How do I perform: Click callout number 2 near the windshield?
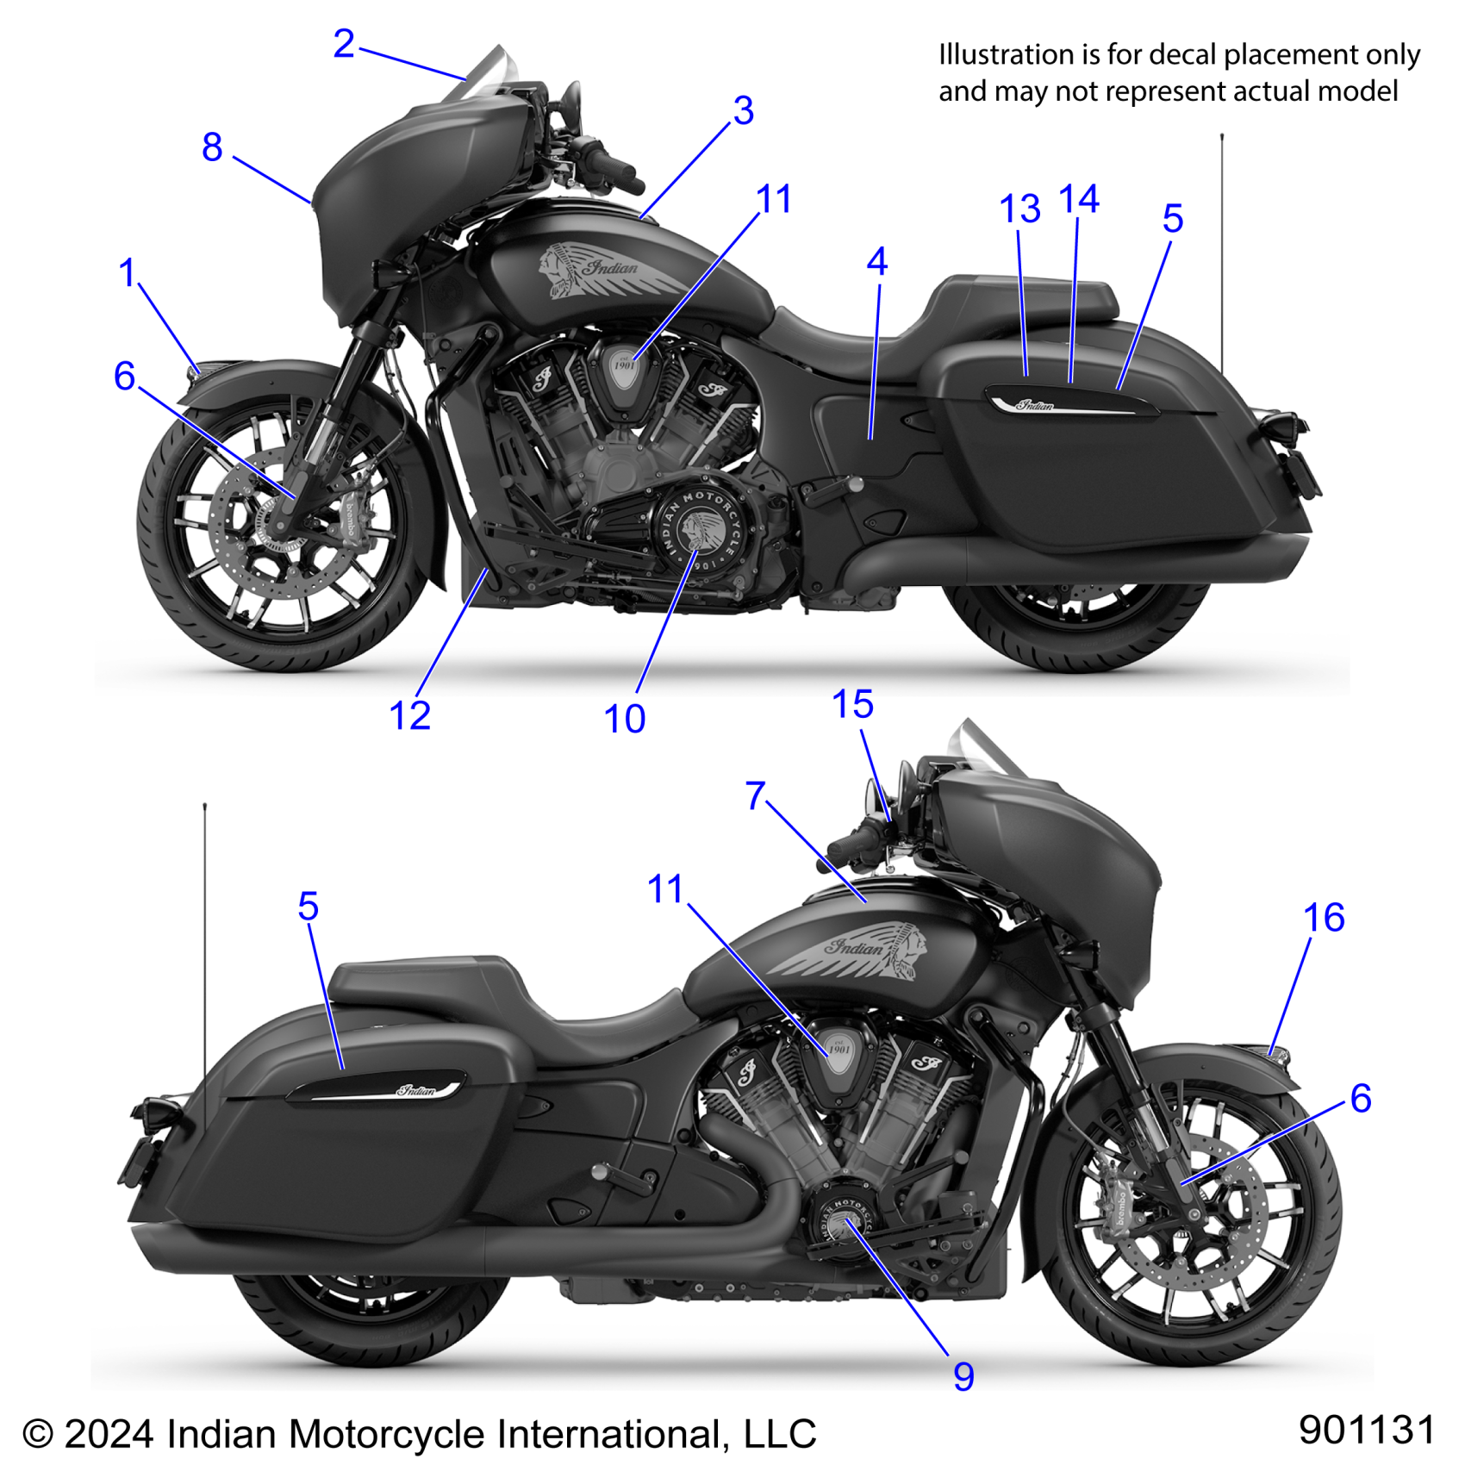point(343,43)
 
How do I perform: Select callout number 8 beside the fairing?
point(212,146)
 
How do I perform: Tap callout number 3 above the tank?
point(743,110)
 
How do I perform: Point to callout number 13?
point(1019,209)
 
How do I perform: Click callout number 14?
point(1078,199)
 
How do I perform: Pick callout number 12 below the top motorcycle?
point(409,715)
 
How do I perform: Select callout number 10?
point(624,719)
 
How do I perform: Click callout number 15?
point(852,704)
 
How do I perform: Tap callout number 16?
point(1324,917)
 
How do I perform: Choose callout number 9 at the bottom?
point(963,1376)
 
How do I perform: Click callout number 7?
point(755,795)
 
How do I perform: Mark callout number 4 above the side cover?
point(876,261)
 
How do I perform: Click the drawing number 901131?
point(1366,1430)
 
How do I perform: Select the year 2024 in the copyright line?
point(109,1435)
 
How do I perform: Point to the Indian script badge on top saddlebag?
point(1034,404)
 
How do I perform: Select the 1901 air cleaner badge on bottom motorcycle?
point(838,1050)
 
